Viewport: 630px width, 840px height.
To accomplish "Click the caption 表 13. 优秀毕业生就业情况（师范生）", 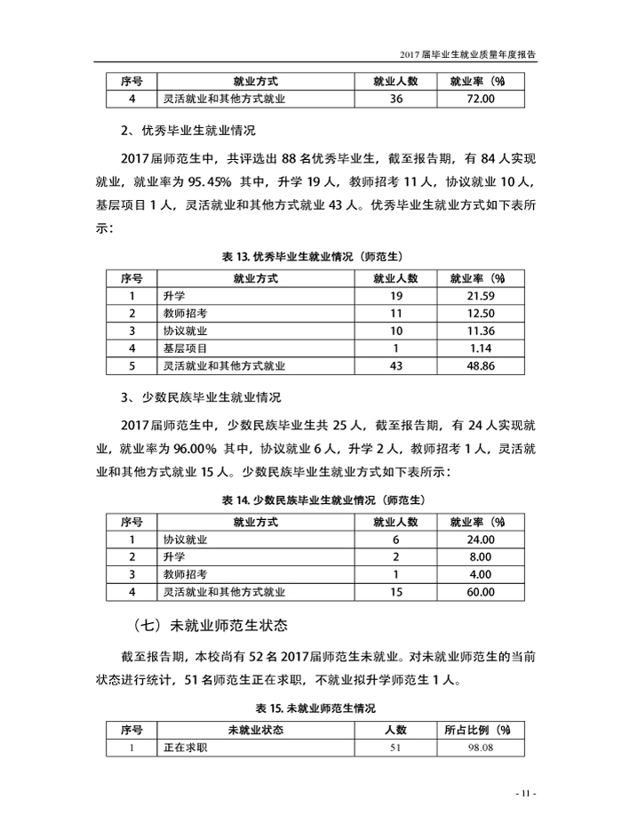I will coord(315,256).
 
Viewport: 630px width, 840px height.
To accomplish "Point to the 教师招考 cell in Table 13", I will coord(186,313).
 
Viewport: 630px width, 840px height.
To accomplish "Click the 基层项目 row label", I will coord(186,348).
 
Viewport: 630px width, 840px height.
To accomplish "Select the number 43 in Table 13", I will coord(396,365).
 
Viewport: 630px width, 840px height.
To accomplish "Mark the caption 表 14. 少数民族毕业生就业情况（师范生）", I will coord(315,500).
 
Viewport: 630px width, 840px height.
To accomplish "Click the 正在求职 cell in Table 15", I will coord(186,748).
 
